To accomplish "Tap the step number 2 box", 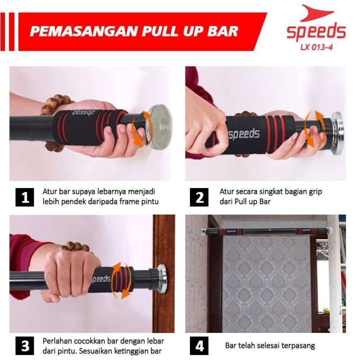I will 199,197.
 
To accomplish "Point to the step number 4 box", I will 199,346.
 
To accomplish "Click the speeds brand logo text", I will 316,31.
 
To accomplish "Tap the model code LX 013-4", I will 317,46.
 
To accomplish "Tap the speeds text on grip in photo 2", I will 243,134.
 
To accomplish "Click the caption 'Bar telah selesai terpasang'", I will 270,346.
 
